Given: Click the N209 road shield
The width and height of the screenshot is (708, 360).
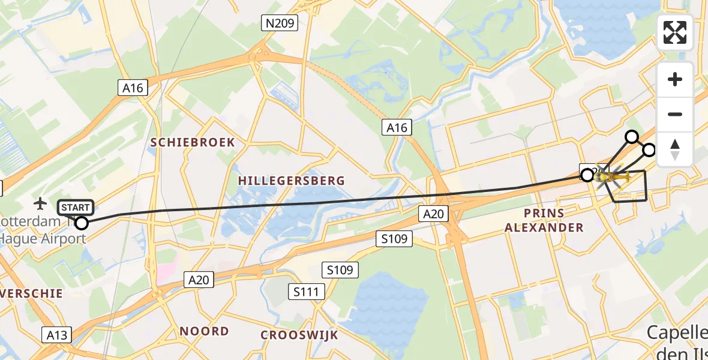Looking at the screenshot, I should [x=280, y=23].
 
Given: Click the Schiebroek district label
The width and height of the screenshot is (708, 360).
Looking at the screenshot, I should [x=193, y=142].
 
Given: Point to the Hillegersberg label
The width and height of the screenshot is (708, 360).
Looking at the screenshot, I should [x=292, y=180].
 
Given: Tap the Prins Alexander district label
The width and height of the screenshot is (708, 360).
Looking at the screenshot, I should [x=544, y=220].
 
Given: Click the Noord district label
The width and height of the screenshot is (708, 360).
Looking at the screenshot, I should [x=205, y=331].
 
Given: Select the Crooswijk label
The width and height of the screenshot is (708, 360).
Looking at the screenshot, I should [x=299, y=335].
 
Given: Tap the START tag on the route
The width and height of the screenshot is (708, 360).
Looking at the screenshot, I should [x=76, y=208].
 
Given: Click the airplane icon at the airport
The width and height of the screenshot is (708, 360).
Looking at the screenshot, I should [x=41, y=203].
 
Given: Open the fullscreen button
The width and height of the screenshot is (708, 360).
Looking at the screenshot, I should [x=675, y=32].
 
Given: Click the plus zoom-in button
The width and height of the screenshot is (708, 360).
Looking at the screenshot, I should [x=675, y=79].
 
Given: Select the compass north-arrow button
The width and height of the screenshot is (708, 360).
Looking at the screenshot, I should [x=675, y=149].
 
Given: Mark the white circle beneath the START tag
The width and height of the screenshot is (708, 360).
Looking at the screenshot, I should [x=81, y=223].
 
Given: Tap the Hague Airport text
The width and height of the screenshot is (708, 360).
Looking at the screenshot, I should [x=43, y=238].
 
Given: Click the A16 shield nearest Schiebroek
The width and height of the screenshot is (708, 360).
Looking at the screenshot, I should [x=133, y=88].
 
